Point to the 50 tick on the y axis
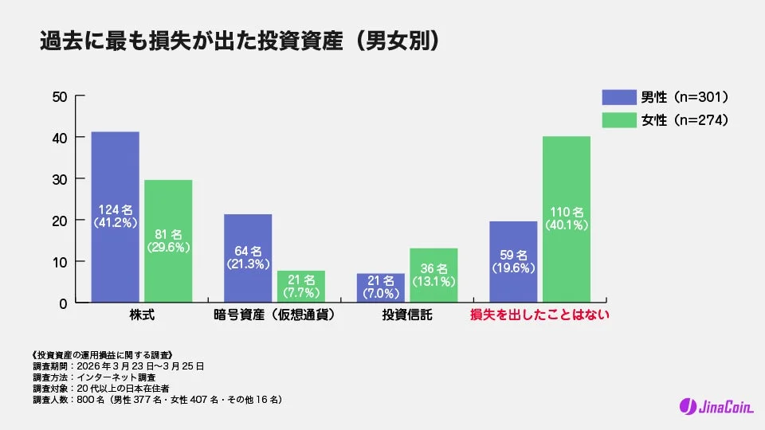[x=59, y=97]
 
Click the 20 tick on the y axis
[x=59, y=221]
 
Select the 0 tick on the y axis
[x=62, y=303]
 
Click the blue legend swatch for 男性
[x=618, y=97]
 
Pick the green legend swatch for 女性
[x=618, y=120]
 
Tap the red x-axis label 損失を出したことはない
[x=540, y=315]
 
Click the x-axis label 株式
[x=142, y=315]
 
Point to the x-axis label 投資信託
[x=407, y=315]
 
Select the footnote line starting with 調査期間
[x=119, y=365]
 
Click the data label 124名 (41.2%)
[x=116, y=214]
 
